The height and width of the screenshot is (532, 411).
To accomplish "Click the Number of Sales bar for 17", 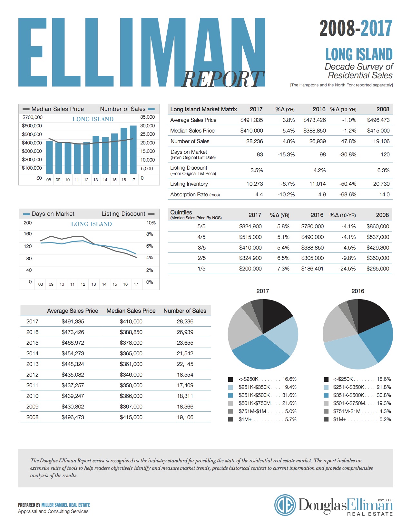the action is pyautogui.click(x=133, y=150).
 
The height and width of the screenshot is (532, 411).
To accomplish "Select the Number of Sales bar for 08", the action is pyautogui.click(x=49, y=157).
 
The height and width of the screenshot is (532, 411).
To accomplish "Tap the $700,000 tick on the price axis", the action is pyautogui.click(x=32, y=117).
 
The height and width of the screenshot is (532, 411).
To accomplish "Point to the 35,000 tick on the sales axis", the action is pyautogui.click(x=147, y=117).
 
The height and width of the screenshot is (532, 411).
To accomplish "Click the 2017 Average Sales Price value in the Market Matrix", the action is pyautogui.click(x=251, y=120).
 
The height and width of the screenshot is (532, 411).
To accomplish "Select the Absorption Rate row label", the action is pyautogui.click(x=195, y=195).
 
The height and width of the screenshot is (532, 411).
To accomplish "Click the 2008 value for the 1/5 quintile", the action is pyautogui.click(x=377, y=269).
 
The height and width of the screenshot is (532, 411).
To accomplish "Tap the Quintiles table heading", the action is pyautogui.click(x=181, y=212).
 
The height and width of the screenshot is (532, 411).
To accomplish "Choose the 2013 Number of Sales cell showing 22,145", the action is pyautogui.click(x=185, y=364).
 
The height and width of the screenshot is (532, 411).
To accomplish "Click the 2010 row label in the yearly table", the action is pyautogui.click(x=32, y=396).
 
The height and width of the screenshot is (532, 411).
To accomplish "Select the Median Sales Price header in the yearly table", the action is pyautogui.click(x=131, y=311).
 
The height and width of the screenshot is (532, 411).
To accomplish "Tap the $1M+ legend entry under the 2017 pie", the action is pyautogui.click(x=262, y=419).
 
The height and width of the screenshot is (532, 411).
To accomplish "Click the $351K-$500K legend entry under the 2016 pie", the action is pyautogui.click(x=357, y=395).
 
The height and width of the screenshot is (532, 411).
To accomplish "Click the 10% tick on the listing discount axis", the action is pyautogui.click(x=151, y=223).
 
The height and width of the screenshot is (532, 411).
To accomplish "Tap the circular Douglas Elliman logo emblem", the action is pyautogui.click(x=285, y=505).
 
